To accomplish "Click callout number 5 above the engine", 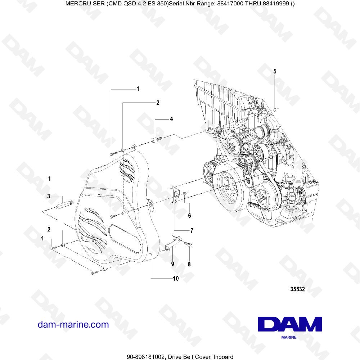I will (275, 72).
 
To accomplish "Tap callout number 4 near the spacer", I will (171, 119).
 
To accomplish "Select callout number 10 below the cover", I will (176, 278).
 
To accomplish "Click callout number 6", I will (189, 216).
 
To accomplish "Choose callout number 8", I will (190, 264).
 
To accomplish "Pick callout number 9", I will (172, 264).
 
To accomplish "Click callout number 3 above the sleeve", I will (48, 196).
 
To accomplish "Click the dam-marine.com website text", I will (73, 324).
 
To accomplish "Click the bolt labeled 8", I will (189, 244).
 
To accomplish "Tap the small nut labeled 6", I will (184, 194).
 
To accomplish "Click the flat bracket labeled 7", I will (176, 194).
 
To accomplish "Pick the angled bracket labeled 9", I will (171, 243).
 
